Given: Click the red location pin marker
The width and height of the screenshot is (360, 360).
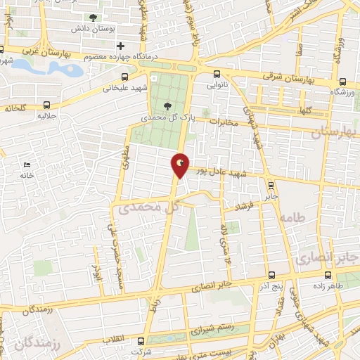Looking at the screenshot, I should click(x=180, y=165).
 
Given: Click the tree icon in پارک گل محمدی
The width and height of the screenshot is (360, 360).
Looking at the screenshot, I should click(x=166, y=107).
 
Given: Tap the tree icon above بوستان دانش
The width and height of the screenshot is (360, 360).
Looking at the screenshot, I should click(x=94, y=18).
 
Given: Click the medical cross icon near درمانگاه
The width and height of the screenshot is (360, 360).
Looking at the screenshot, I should click(x=121, y=46).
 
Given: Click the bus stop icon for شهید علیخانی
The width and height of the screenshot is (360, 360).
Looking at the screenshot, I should click(x=125, y=77).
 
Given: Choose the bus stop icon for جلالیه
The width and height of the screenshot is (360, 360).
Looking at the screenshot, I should click(x=46, y=103).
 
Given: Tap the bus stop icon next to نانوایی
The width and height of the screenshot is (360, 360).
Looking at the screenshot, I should click(x=215, y=73).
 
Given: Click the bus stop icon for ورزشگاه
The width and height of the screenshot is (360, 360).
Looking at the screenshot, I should click(x=342, y=82).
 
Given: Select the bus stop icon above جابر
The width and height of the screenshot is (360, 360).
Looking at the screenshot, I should click(x=271, y=185).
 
